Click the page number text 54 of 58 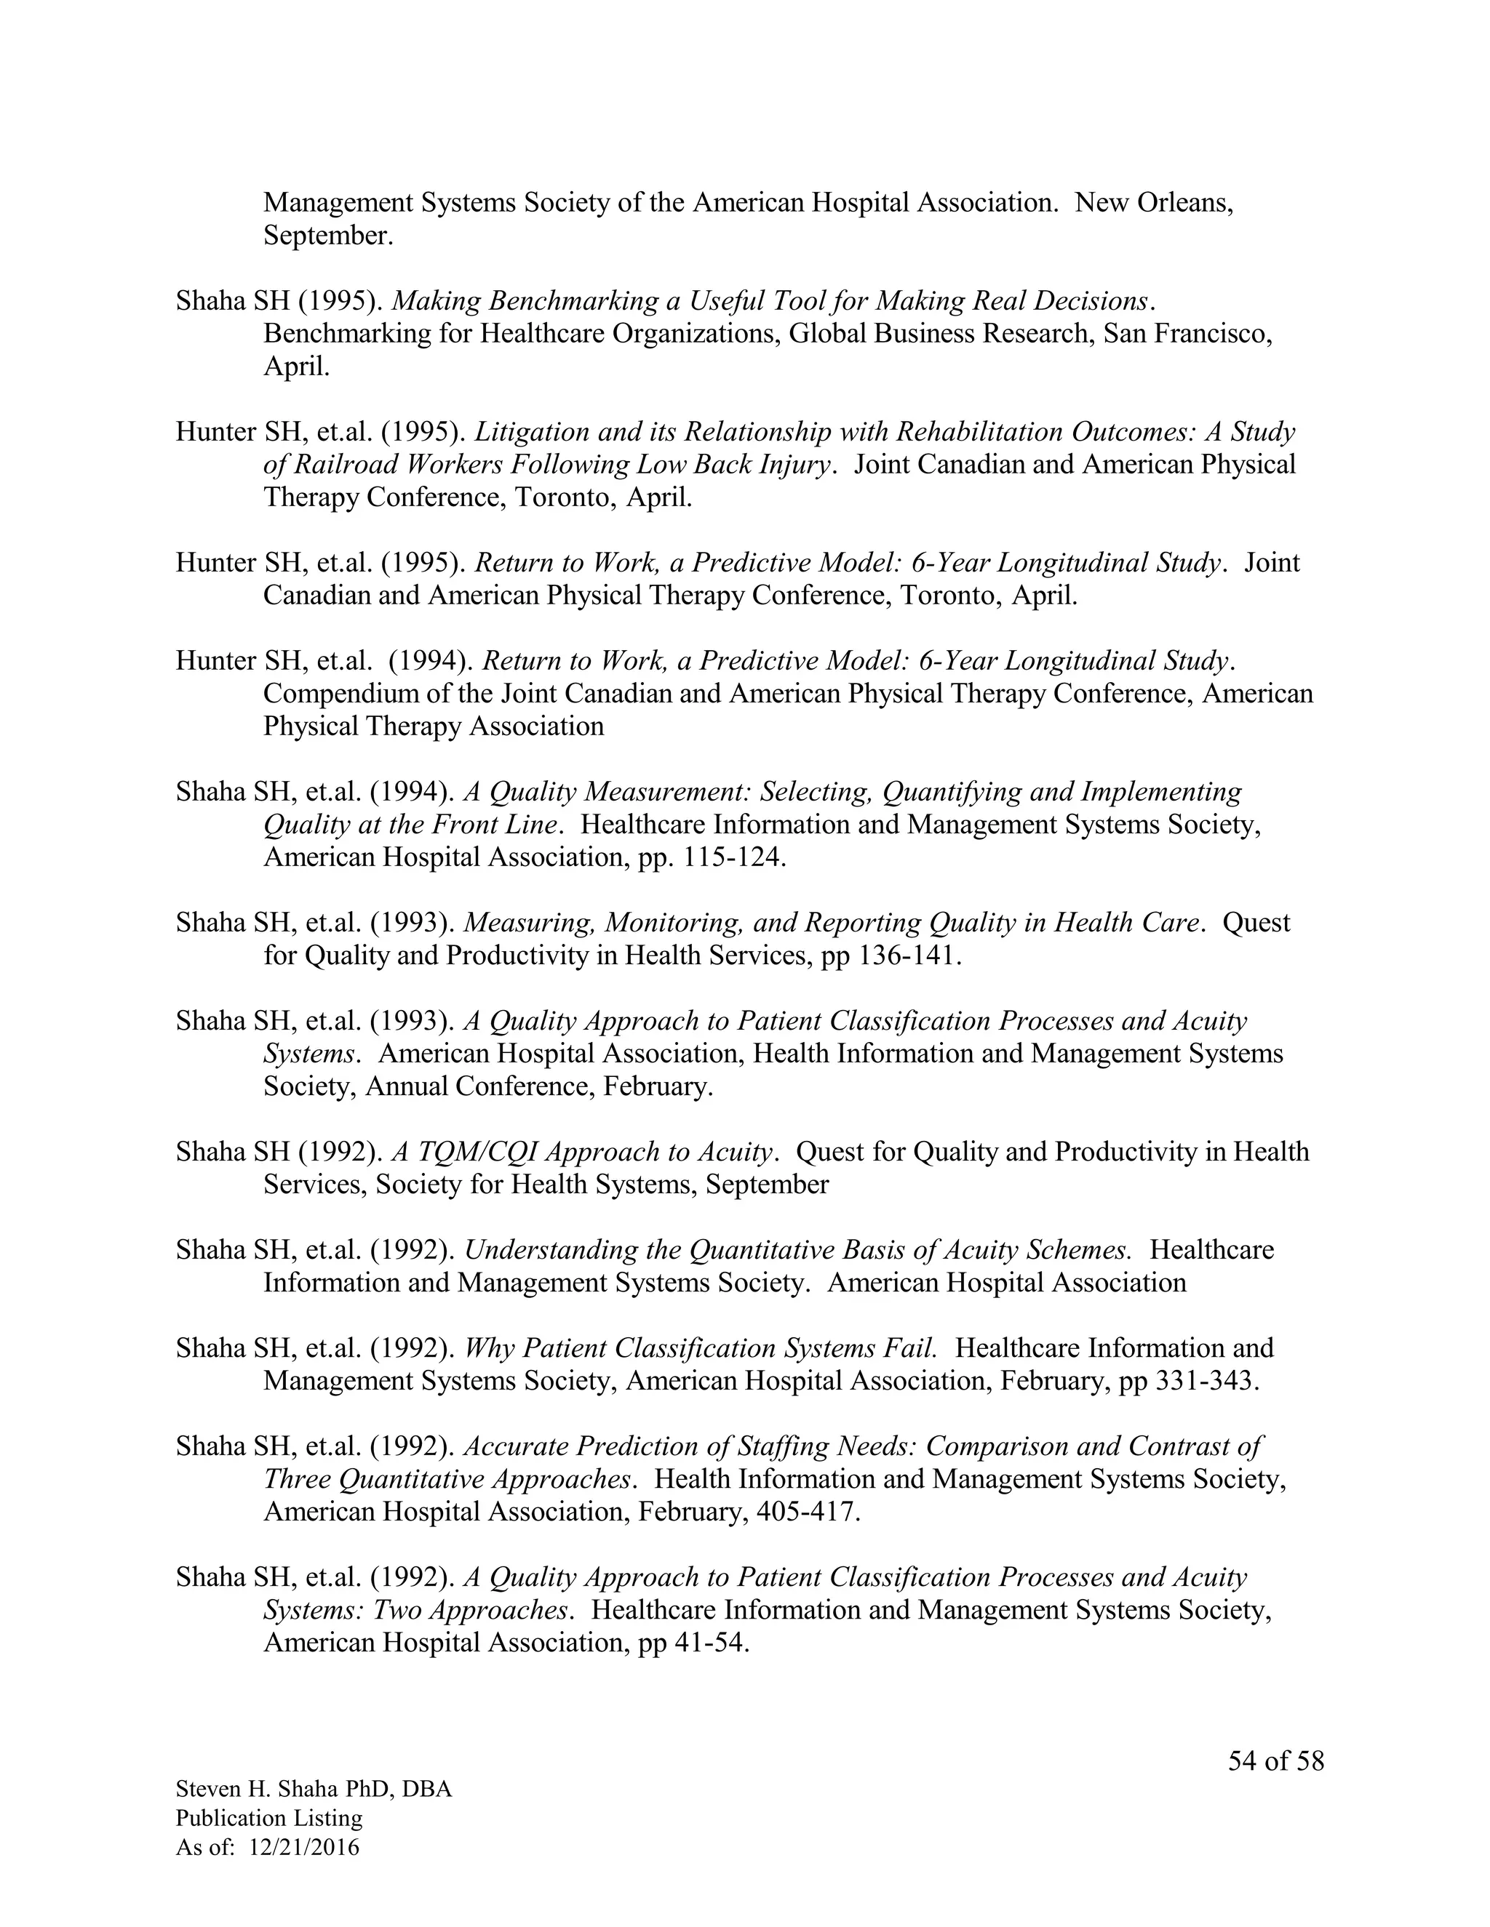(x=1275, y=1760)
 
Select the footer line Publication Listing (x=269, y=1818)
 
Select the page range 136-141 (x=908, y=955)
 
